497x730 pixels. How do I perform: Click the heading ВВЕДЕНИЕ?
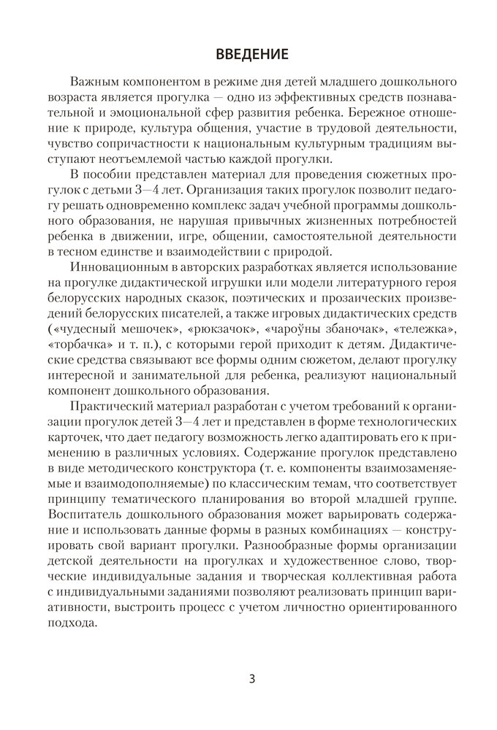[248, 53]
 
